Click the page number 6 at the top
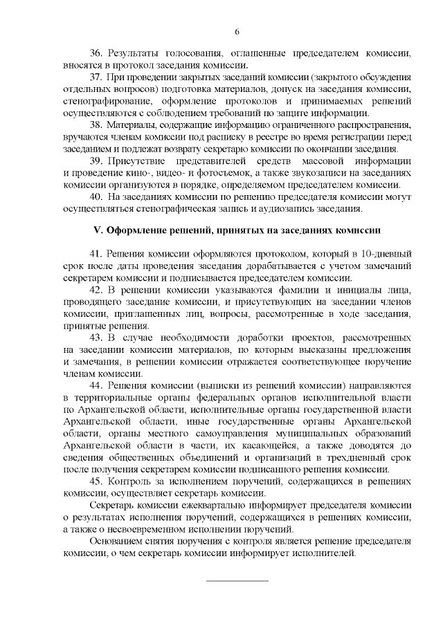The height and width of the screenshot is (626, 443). coord(237,31)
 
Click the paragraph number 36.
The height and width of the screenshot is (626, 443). coord(97,53)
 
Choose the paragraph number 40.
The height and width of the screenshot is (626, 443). coord(97,197)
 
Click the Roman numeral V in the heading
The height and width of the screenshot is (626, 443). coord(98,229)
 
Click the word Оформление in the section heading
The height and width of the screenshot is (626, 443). coord(137,229)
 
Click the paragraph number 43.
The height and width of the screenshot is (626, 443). coord(97,338)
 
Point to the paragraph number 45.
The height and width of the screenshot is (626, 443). coord(97,481)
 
